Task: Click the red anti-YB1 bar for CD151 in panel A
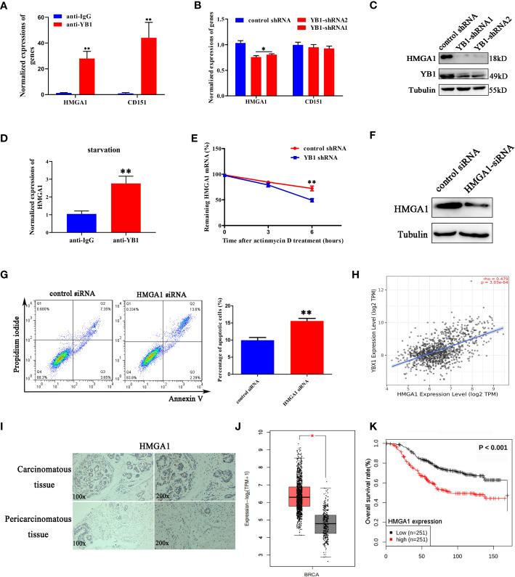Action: [149, 67]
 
